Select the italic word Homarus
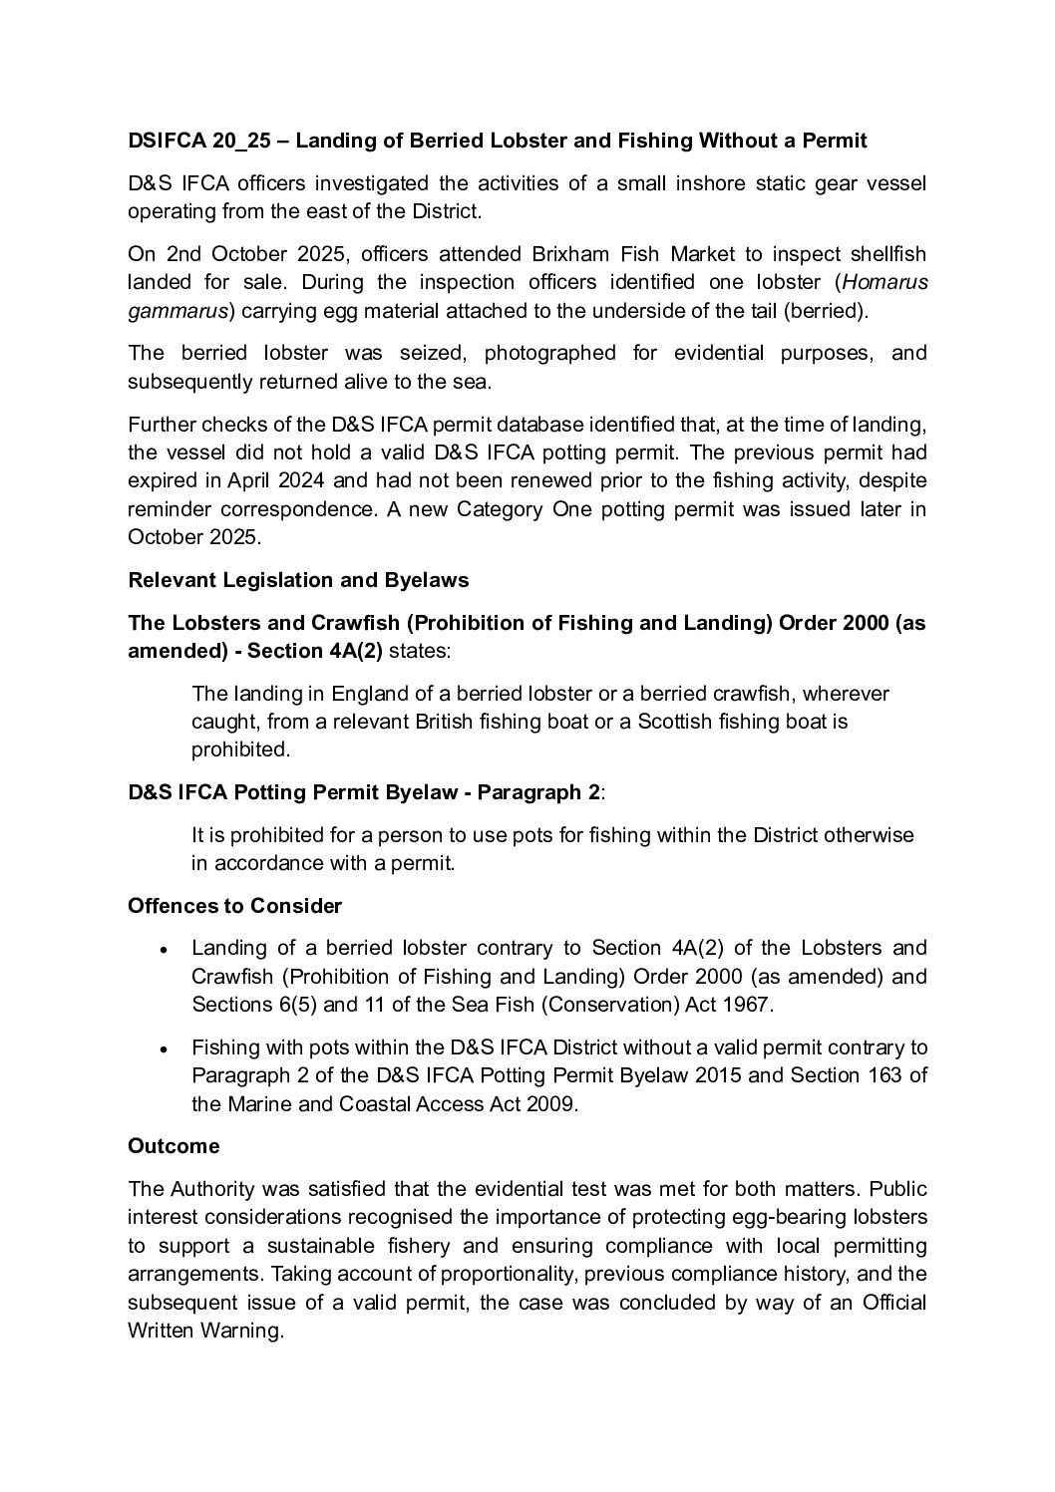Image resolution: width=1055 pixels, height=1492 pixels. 885,282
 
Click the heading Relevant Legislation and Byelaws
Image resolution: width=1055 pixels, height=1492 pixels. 298,580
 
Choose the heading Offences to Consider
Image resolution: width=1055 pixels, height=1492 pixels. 234,906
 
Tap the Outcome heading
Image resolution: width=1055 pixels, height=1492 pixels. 174,1146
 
